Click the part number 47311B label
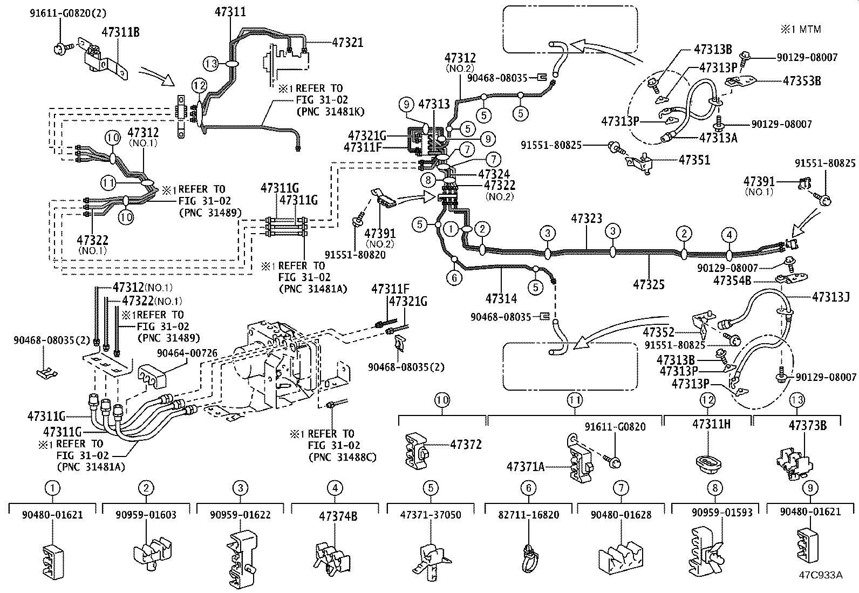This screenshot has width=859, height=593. point(121,32)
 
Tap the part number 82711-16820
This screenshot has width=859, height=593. point(528,515)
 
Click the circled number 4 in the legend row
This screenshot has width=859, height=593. point(335,488)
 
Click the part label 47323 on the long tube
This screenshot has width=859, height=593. point(587,219)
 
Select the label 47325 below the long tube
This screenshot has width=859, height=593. point(649,284)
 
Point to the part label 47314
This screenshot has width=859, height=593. point(501,298)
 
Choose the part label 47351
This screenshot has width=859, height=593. point(694,160)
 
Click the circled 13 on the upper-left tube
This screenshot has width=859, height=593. point(211,64)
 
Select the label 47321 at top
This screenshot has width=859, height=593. point(347,42)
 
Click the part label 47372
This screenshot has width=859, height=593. point(466,445)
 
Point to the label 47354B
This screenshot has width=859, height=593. point(732,281)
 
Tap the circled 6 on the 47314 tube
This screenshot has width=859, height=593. point(455,278)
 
